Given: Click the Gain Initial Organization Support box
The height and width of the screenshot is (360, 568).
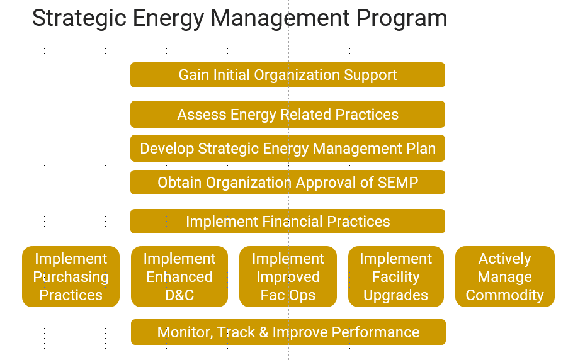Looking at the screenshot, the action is click(288, 75).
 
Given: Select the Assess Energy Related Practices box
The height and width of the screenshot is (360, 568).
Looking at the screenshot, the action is click(288, 114).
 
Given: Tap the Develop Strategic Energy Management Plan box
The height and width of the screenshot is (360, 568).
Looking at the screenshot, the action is click(288, 148).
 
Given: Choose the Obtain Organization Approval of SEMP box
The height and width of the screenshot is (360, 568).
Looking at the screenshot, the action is click(288, 182).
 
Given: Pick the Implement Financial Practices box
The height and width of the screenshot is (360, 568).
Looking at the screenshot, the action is click(288, 222).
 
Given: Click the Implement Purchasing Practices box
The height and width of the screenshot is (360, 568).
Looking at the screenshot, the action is click(71, 277).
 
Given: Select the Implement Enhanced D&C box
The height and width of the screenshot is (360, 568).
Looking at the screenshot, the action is click(179, 277).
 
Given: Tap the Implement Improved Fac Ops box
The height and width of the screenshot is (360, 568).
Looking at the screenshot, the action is click(288, 277).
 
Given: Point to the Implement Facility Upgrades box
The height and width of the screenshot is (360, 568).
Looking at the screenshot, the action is click(396, 277).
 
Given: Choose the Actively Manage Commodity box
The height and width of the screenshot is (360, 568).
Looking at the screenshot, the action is click(505, 277).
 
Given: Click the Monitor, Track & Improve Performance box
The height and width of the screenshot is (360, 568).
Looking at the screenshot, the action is click(288, 332).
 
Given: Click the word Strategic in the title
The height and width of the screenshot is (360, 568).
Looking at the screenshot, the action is click(79, 18).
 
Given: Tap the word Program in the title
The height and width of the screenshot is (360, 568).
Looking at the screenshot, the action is click(402, 19).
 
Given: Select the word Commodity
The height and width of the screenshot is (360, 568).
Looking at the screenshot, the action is click(505, 295).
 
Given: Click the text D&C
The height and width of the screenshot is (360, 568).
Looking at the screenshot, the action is click(179, 295).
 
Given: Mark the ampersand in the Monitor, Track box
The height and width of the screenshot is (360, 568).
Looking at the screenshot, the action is click(263, 332).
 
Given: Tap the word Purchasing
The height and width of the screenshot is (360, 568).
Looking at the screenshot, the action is click(71, 277).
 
